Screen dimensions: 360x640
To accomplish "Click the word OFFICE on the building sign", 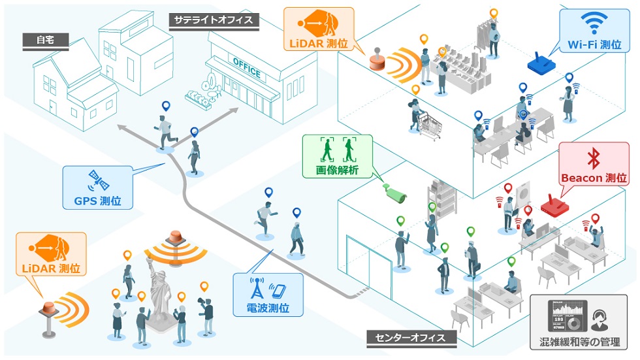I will (246, 67).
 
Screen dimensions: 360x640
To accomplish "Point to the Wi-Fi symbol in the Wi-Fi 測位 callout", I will (593, 24).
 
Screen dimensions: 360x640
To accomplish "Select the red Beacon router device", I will (552, 206).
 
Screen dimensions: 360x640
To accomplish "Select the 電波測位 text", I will (268, 307).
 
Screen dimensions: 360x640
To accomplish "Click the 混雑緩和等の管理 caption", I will (585, 343).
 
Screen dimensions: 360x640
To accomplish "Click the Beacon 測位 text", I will (594, 178).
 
